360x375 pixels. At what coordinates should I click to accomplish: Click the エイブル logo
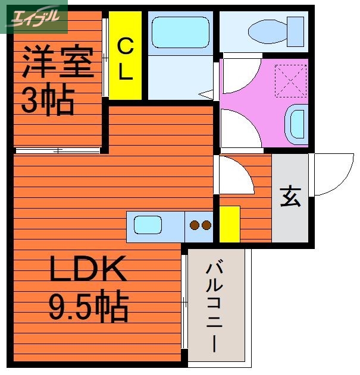point(34,17)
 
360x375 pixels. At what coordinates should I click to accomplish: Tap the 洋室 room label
point(58,64)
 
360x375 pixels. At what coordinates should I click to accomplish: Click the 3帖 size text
point(48,101)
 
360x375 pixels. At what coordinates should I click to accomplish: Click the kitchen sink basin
point(148,225)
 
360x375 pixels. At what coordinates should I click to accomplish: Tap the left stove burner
point(194,225)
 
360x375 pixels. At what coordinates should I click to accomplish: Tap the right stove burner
point(206,225)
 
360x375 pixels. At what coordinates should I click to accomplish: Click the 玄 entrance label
point(290,197)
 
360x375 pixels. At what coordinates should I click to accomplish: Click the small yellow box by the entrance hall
point(230,224)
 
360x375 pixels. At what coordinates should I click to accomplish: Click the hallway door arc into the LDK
point(236,177)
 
